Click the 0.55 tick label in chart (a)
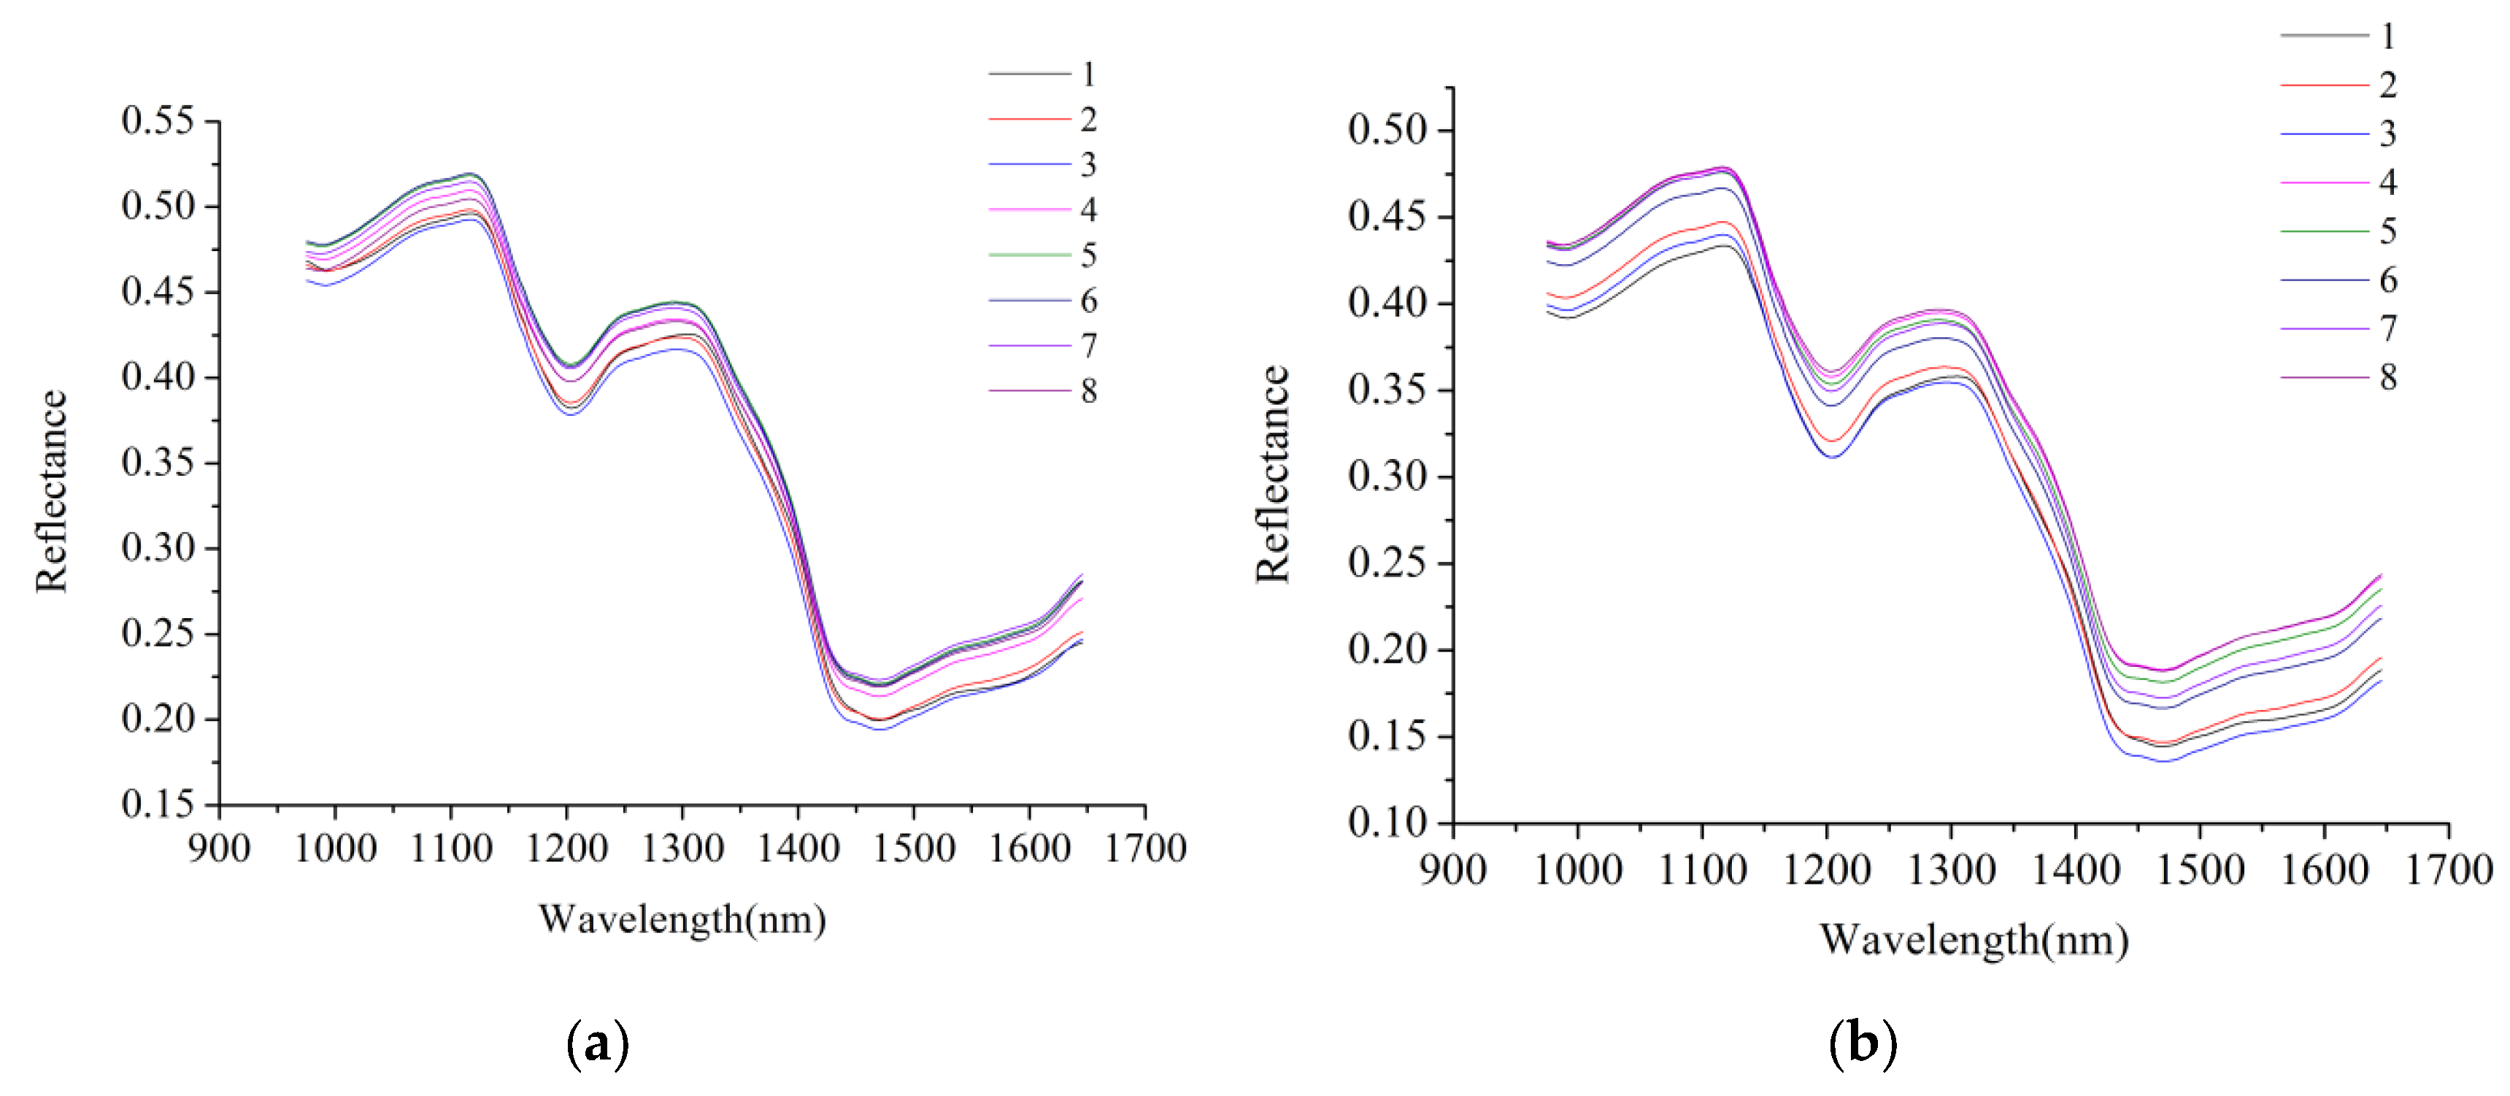[157, 121]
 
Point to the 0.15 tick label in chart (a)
[157, 805]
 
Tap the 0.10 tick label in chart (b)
[1387, 823]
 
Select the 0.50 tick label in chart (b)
[1387, 130]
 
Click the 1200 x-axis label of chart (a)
[566, 849]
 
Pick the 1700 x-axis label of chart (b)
[2449, 869]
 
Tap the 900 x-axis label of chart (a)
[219, 849]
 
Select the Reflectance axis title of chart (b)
[1273, 474]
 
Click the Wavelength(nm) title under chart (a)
[682, 919]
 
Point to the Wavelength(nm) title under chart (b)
[1974, 940]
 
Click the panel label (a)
[597, 1043]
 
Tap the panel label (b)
[1862, 1043]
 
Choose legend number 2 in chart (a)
[1088, 120]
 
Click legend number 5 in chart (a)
[1088, 255]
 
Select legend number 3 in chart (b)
[2387, 134]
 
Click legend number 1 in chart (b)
[2387, 36]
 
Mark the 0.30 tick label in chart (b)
[1387, 476]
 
